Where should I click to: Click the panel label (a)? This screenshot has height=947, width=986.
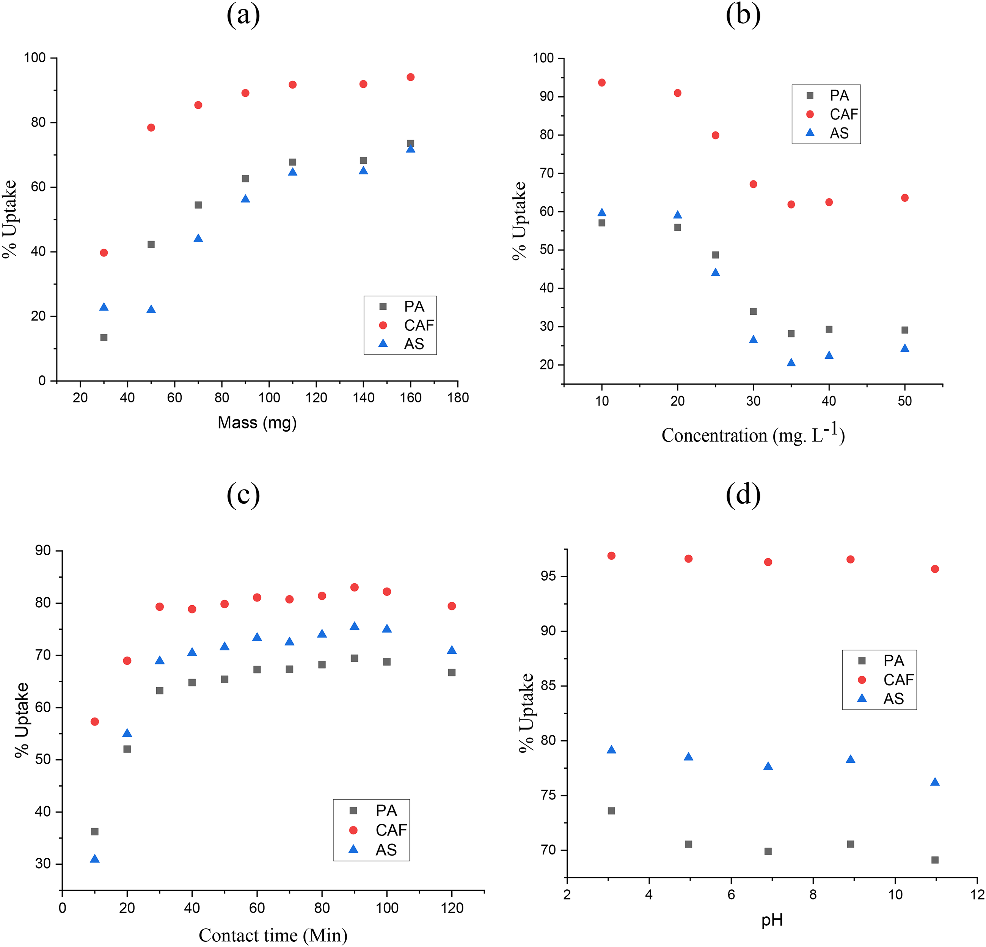click(x=243, y=15)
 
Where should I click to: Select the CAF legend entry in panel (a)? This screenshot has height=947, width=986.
click(x=407, y=325)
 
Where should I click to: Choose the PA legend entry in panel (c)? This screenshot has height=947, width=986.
click(x=373, y=810)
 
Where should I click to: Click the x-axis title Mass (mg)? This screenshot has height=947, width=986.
click(x=257, y=422)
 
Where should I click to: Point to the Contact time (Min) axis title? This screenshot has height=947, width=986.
click(x=273, y=935)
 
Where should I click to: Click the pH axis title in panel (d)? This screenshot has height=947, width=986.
click(x=772, y=920)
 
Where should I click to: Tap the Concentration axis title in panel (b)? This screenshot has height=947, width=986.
click(x=753, y=434)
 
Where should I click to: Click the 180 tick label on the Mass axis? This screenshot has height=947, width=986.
click(x=458, y=398)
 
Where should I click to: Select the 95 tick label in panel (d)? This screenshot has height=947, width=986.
click(x=548, y=576)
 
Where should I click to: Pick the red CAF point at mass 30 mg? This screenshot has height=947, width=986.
click(x=104, y=253)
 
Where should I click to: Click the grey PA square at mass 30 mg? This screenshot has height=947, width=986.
click(x=104, y=337)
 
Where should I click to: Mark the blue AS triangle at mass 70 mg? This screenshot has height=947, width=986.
click(x=198, y=238)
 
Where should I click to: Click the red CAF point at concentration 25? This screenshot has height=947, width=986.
click(x=715, y=135)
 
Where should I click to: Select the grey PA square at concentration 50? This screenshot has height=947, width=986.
click(x=904, y=330)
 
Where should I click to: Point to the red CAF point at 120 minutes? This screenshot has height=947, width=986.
click(x=452, y=606)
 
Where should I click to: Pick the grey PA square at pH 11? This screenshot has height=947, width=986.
click(x=935, y=860)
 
